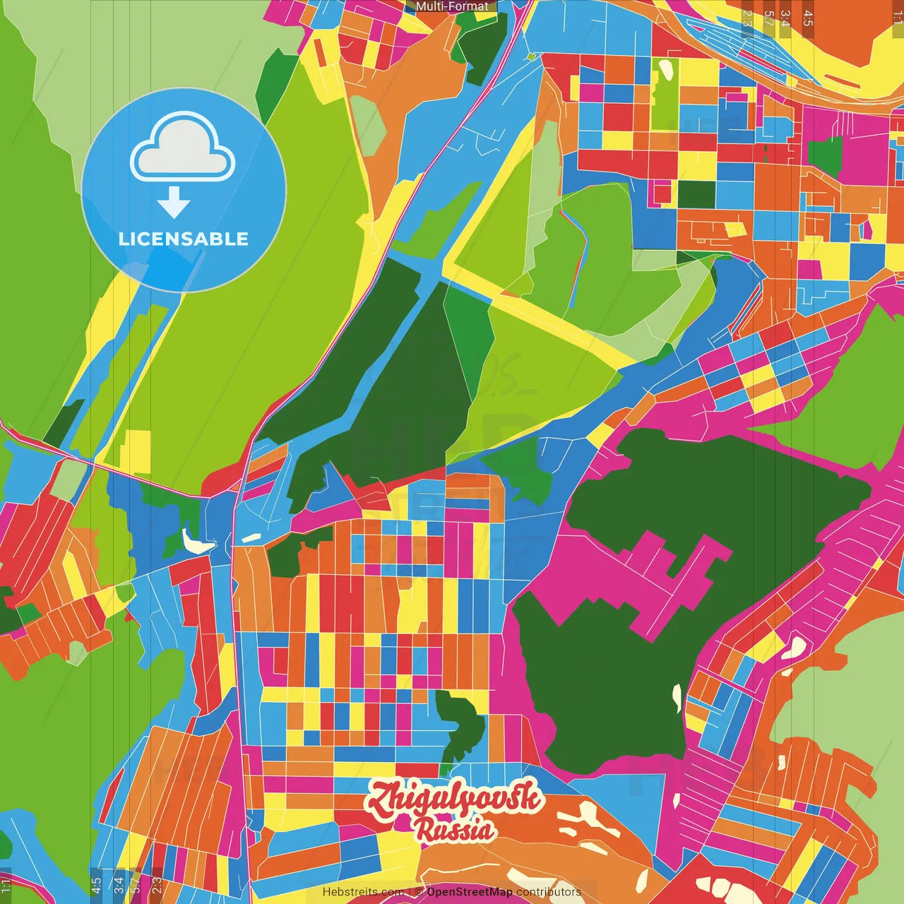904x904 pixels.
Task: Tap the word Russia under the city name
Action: pyautogui.click(x=455, y=830)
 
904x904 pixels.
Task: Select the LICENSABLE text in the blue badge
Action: pyautogui.click(x=184, y=239)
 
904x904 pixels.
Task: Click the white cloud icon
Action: pyautogui.click(x=183, y=150)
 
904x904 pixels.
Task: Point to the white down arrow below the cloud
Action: pyautogui.click(x=174, y=203)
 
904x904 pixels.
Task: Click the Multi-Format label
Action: pyautogui.click(x=451, y=6)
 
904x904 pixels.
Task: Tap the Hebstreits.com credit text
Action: pyautogui.click(x=363, y=892)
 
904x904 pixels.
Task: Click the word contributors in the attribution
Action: pyautogui.click(x=548, y=892)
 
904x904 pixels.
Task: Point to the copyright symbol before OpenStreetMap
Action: pyautogui.click(x=419, y=892)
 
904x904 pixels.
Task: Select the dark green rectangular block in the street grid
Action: pyautogui.click(x=696, y=194)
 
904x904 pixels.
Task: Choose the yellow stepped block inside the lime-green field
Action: pyautogui.click(x=136, y=452)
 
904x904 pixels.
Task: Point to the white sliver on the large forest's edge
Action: pyautogui.click(x=677, y=698)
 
